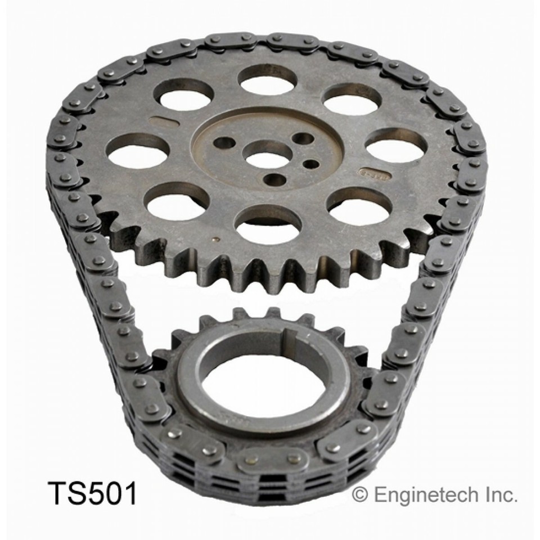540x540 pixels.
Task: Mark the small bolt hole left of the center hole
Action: (224, 143)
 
